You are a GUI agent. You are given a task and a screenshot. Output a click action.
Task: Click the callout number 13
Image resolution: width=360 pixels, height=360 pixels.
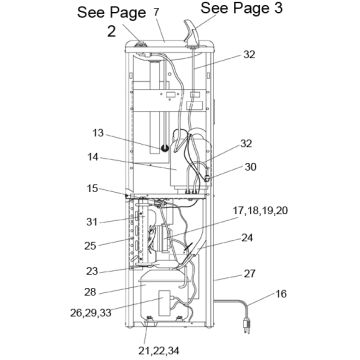[x=99, y=133]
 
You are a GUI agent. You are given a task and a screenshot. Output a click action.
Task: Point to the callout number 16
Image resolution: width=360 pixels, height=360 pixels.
[x=282, y=294]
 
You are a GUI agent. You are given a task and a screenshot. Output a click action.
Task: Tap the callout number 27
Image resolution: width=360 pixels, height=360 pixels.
[x=250, y=273]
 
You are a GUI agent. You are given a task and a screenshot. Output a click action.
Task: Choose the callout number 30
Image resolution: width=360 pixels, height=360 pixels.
[x=250, y=167]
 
